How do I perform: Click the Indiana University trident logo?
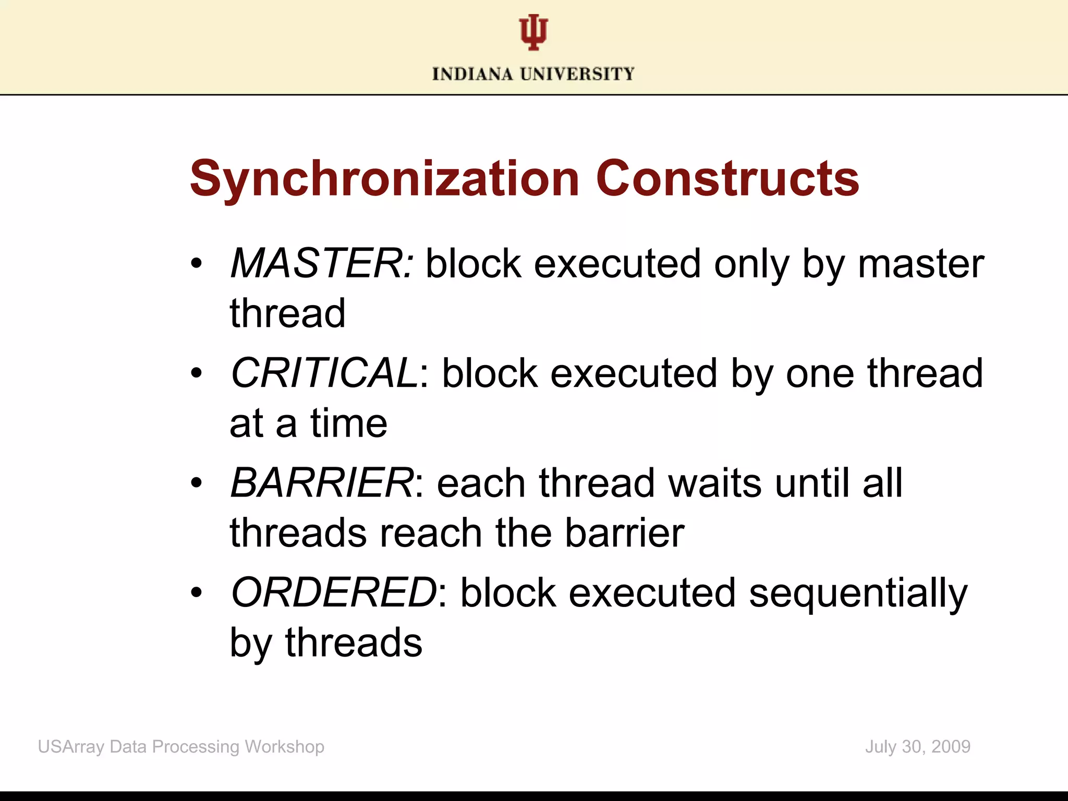[x=533, y=32]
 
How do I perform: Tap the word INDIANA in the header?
[x=472, y=74]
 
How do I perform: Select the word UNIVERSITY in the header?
[x=577, y=74]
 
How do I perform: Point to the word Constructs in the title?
[x=727, y=178]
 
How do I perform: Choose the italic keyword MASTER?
[x=322, y=264]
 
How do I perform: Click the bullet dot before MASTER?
[x=196, y=264]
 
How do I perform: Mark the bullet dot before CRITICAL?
[x=196, y=373]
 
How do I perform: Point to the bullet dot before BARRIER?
[x=196, y=483]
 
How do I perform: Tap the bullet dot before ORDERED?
[x=196, y=593]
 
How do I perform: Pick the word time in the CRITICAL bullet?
[x=349, y=423]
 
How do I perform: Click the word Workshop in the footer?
[x=285, y=747]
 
